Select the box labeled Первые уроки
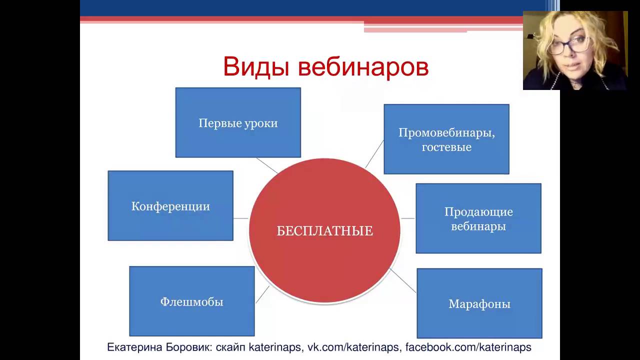tap(238, 122)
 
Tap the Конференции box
tap(170, 205)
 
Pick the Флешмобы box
tap(192, 301)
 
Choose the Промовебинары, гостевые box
tap(446, 139)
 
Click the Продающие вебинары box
tap(478, 218)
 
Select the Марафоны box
tap(479, 303)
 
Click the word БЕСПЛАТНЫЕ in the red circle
tap(324, 231)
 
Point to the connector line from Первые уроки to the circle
tap(267, 165)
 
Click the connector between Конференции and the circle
tap(241, 218)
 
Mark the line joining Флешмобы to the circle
tap(262, 294)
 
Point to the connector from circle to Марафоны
tap(403, 280)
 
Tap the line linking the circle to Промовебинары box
tap(374, 154)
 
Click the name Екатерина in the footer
tap(134, 347)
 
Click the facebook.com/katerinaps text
tap(468, 347)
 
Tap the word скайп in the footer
tap(230, 347)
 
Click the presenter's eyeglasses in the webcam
tap(568, 45)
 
